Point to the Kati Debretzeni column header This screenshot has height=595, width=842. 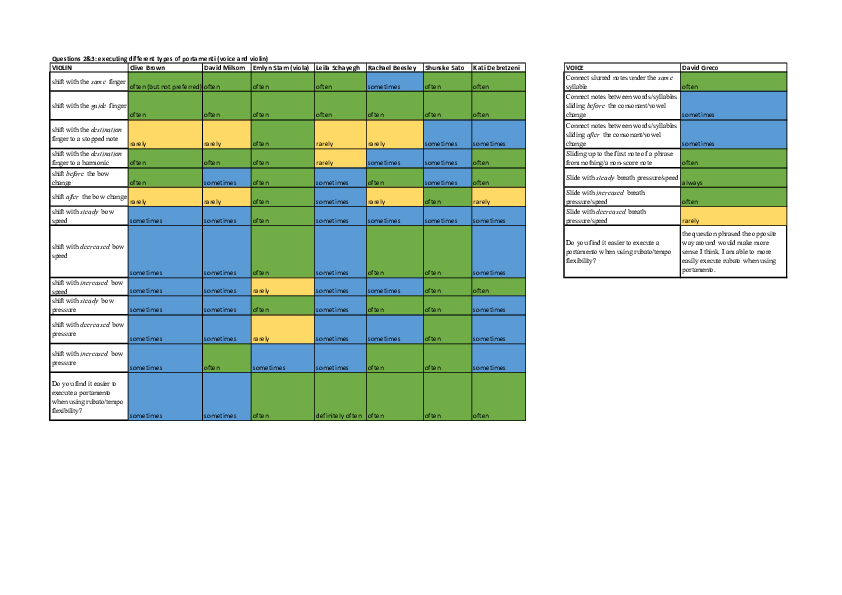pyautogui.click(x=497, y=67)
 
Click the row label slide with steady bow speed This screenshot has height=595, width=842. pyautogui.click(x=88, y=215)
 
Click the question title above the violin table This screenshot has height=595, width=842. pyautogui.click(x=160, y=59)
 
